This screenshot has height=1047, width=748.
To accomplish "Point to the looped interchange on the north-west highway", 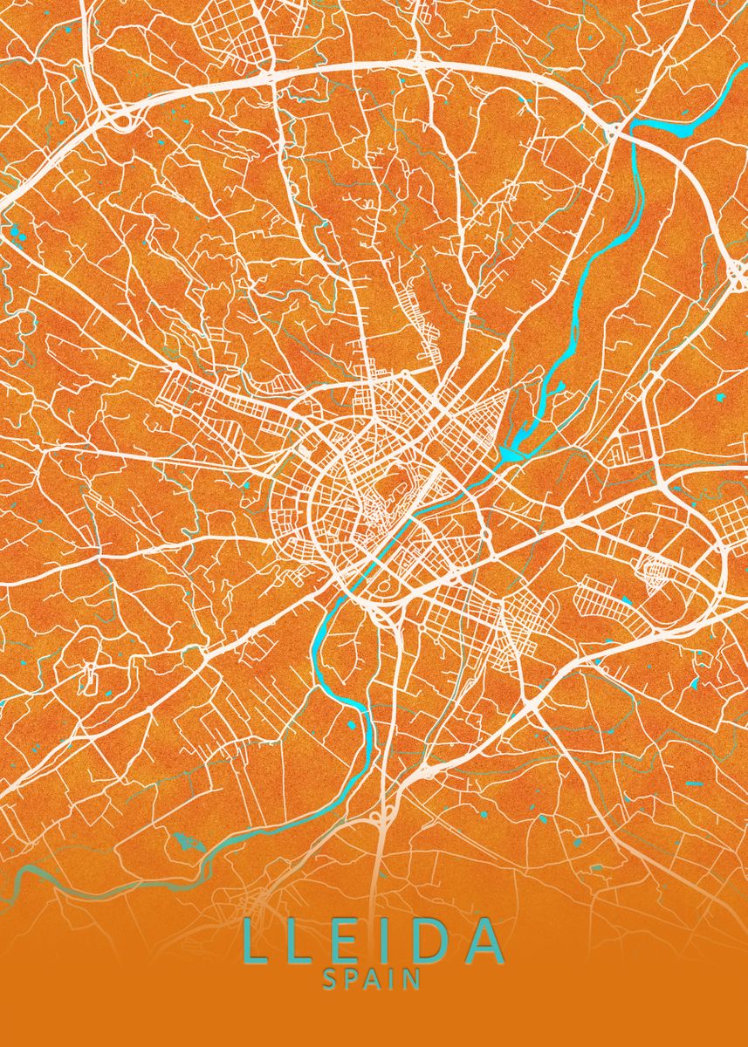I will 118,118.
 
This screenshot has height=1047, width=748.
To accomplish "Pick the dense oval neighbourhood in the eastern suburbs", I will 655,571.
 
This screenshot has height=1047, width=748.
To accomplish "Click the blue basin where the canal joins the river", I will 511,452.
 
